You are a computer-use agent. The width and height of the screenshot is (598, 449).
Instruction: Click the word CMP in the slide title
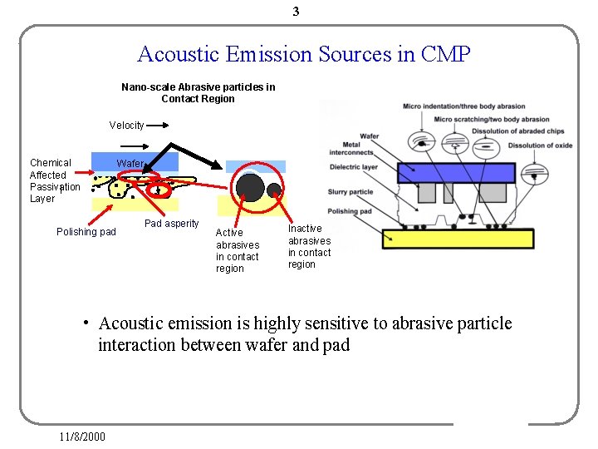445,55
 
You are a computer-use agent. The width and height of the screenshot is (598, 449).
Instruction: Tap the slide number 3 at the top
296,12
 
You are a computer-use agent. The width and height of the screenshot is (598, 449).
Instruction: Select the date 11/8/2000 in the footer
82,437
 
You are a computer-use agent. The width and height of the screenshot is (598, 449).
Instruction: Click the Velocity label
126,126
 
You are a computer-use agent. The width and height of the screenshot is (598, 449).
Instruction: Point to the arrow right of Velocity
159,126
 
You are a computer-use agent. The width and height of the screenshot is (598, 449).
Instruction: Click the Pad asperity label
171,224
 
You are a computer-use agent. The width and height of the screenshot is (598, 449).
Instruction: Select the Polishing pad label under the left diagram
86,232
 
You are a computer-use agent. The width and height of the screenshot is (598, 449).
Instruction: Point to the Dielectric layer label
353,167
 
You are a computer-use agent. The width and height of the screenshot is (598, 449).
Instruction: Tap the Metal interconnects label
351,148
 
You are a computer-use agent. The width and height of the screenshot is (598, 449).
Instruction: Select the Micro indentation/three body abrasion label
463,106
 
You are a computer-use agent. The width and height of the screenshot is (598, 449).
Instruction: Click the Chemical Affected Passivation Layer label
54,180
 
